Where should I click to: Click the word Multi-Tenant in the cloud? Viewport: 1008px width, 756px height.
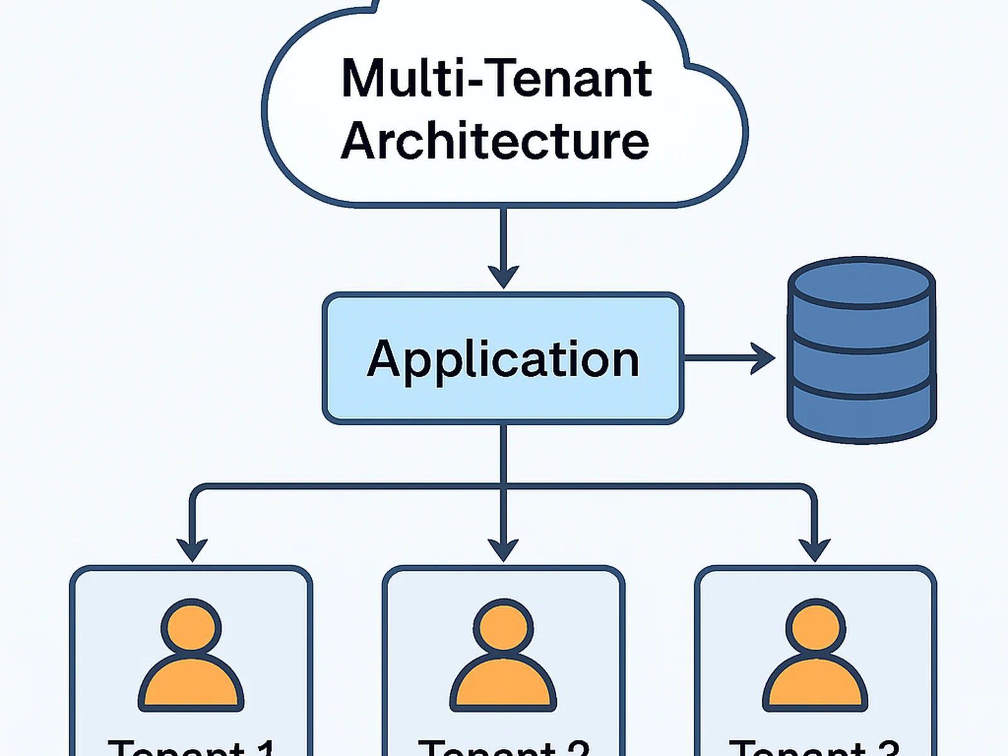pos(496,79)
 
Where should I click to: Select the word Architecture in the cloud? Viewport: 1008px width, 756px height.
pos(495,140)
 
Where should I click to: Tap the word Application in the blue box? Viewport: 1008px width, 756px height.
pos(503,359)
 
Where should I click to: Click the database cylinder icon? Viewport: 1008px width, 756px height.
pos(861,350)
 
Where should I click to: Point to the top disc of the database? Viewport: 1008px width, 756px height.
pos(861,282)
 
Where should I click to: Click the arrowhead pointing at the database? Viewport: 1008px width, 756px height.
pos(764,358)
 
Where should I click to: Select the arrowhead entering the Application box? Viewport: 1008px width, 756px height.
pos(503,276)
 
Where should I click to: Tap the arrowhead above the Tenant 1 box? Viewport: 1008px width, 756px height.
pos(192,549)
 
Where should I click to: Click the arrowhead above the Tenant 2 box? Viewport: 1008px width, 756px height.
pos(503,549)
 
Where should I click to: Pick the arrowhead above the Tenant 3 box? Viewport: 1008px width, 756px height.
pos(814,549)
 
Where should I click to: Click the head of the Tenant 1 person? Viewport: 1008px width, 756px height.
pos(192,628)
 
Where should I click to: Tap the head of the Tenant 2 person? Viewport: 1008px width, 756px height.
pos(503,628)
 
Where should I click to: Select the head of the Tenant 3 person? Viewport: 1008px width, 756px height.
pos(815,628)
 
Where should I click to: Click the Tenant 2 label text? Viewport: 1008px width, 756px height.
pos(503,747)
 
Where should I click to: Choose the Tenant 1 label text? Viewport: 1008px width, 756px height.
pos(192,747)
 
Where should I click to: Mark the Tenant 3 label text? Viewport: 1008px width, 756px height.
pos(814,747)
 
